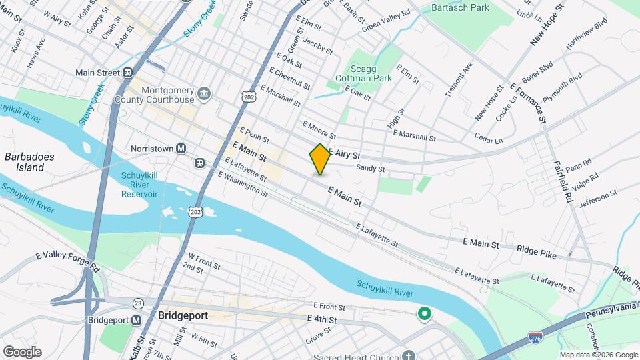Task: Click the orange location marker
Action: (320, 159)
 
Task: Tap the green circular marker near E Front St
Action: (423, 313)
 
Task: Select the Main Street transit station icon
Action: (127, 73)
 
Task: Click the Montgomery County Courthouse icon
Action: (205, 91)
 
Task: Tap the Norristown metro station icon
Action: (181, 149)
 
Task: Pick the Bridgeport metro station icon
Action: (136, 320)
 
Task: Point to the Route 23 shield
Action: (137, 303)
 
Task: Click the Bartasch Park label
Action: (460, 8)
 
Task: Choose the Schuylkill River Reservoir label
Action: (139, 185)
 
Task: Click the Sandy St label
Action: (370, 169)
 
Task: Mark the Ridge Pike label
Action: (536, 248)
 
